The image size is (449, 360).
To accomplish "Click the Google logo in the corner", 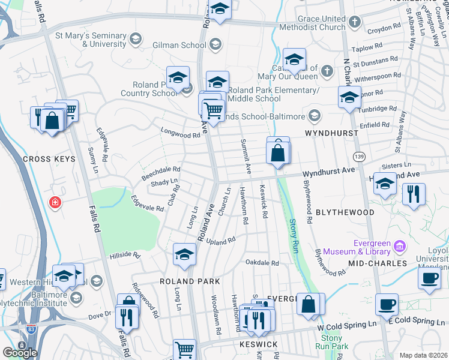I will point(20,353).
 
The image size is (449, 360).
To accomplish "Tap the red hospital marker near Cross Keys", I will point(56,203).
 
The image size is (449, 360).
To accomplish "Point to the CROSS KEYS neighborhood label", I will point(49,159).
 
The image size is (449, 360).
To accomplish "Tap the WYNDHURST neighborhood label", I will point(331,133).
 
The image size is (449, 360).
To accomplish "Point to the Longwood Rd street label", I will point(180,135).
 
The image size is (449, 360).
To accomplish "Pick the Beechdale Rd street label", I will point(161,173).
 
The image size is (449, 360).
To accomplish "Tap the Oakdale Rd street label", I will point(262,263).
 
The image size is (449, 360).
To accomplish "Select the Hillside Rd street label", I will point(124,256).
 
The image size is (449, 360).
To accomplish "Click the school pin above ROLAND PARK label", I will point(185,254).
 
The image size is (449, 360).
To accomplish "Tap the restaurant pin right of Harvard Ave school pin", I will point(414,194).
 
